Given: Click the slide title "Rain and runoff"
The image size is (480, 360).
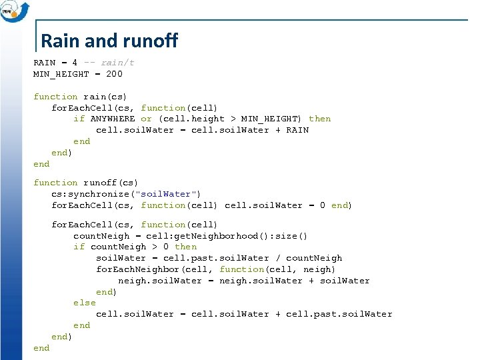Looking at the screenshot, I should (x=109, y=41).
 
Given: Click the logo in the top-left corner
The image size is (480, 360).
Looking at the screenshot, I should (x=15, y=11).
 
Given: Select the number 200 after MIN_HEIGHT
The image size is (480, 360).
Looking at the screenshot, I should (x=114, y=74).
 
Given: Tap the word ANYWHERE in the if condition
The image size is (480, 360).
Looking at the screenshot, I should (x=113, y=119).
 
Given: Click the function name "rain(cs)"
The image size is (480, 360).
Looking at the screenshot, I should (x=105, y=97).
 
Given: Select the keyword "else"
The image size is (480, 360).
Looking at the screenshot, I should (x=85, y=303).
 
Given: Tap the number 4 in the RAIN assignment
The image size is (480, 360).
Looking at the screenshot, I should (x=75, y=63).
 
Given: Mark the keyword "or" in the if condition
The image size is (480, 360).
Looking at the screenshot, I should (x=147, y=119).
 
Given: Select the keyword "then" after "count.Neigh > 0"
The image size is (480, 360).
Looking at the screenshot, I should (x=186, y=247).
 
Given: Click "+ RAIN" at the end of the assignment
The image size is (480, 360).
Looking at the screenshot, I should (x=292, y=130).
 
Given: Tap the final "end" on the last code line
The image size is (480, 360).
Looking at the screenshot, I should (x=41, y=348).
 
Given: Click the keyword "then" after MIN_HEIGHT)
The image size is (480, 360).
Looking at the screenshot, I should (x=320, y=119).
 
